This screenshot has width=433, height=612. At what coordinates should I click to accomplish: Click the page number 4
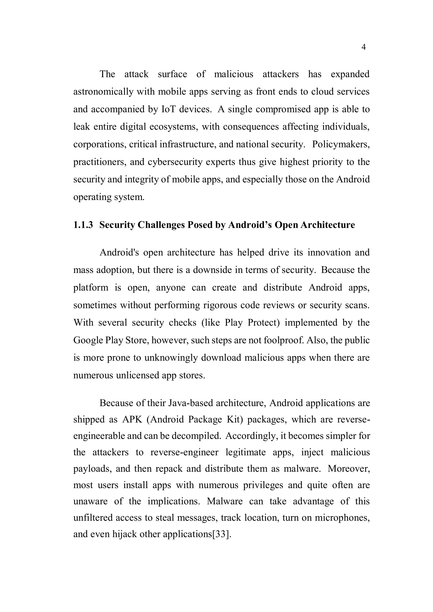point(363,48)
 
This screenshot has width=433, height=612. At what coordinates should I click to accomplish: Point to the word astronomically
point(103,92)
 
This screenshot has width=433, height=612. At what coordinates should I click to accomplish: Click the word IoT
point(169,109)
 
